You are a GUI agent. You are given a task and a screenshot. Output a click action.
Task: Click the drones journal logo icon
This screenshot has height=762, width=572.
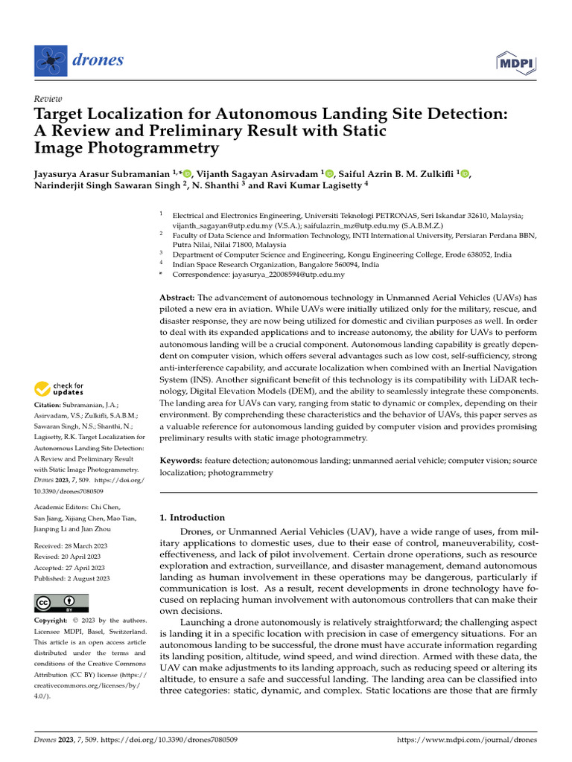coord(51,60)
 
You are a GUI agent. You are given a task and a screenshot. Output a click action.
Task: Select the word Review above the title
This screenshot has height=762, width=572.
coord(48,99)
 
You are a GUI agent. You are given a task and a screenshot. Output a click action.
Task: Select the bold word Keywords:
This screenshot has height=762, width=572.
coord(182,461)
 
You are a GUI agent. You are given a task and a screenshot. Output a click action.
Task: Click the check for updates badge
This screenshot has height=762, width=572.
coord(60,388)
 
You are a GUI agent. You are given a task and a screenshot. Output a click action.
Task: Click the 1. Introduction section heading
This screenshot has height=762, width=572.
coord(192,517)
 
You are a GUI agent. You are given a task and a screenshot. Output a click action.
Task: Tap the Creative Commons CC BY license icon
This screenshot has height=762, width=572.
coord(61,603)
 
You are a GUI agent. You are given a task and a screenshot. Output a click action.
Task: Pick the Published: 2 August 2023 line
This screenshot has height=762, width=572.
coord(72,578)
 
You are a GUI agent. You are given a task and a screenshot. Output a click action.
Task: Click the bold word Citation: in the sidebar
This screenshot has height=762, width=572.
coord(46,405)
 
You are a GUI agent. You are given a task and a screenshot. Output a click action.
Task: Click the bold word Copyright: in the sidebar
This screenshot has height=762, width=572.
coord(50,621)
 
